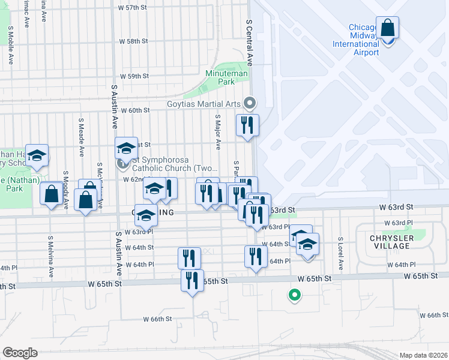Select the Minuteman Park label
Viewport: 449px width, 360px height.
219,77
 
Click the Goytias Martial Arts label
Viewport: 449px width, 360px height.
203,103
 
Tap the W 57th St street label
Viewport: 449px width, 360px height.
133,8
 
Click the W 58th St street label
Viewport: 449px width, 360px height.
133,41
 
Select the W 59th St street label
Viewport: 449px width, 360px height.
133,77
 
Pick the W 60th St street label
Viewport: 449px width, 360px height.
134,110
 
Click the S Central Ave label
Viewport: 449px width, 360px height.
249,43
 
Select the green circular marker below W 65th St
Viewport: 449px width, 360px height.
294,294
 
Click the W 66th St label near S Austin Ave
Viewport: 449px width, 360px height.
158,319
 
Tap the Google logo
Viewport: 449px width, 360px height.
20,353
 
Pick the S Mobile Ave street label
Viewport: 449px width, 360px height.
10,45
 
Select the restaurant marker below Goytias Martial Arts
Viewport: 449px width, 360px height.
247,125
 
